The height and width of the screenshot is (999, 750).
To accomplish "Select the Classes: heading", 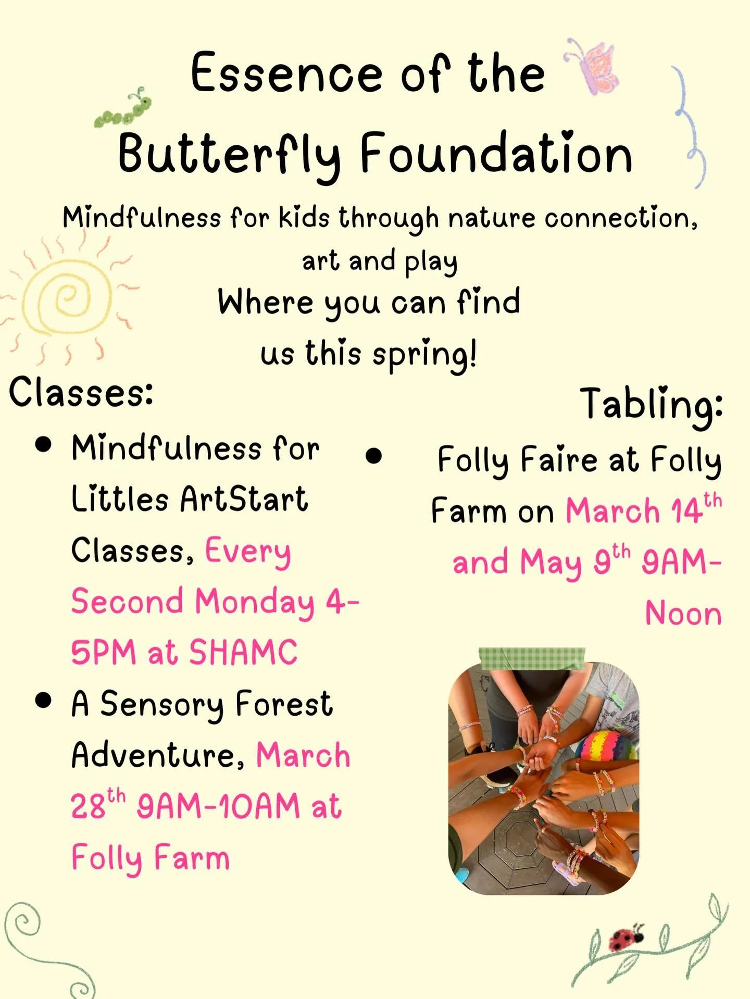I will pos(81,392).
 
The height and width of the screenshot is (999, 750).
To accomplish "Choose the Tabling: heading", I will pos(651,404).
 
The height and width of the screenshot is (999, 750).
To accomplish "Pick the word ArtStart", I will pos(244,499).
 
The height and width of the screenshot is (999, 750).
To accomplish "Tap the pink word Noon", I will pos(683,614).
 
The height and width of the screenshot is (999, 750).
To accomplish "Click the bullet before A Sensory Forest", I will pos(44,701).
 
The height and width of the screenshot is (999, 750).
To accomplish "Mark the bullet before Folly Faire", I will pos(373,456).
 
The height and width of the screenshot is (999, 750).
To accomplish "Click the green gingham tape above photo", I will pos(531,658).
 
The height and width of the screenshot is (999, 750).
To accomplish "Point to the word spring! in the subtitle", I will pos(424,354).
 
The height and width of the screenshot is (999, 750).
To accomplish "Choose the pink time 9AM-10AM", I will pos(218,806).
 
